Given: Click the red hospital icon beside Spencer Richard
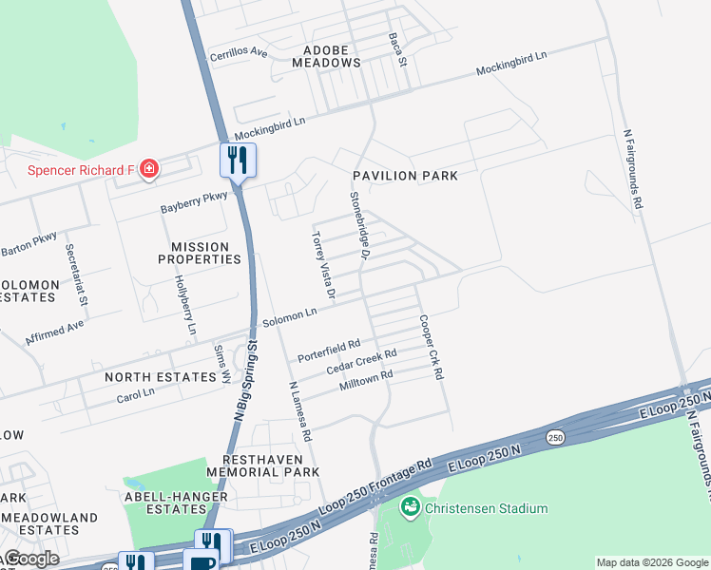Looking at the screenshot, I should pos(148,170).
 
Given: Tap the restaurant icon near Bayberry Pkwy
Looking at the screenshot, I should pos(238,159).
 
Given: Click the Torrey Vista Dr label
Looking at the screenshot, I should pos(325,266).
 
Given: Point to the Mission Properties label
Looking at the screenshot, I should pos(193,253).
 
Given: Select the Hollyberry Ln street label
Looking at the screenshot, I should pos(185,304).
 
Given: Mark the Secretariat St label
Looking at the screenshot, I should pos(77,275).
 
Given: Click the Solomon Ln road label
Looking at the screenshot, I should pos(290,314).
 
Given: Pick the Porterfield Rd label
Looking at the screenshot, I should pos(329,351).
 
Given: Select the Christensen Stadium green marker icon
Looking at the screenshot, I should pos(411,507).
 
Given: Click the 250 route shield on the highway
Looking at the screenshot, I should pos(554,436).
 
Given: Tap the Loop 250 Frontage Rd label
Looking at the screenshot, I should pos(377,484).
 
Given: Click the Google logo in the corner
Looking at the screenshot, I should pos(30,559).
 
